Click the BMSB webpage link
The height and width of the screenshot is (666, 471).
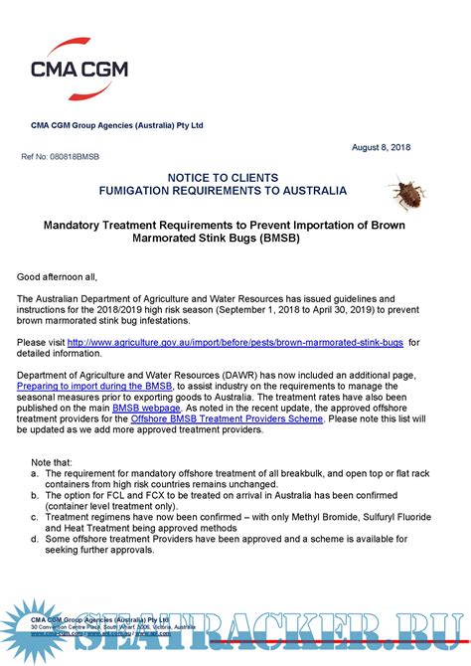(x=146, y=408)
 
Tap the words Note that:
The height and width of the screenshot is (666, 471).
(x=51, y=463)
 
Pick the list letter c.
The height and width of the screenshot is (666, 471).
(x=35, y=517)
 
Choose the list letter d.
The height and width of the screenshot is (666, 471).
(x=35, y=539)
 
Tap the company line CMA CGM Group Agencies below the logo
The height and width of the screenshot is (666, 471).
(x=116, y=125)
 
